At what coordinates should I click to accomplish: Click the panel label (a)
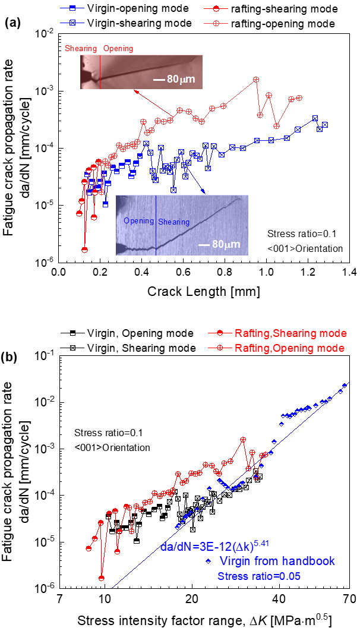pyautogui.click(x=12, y=23)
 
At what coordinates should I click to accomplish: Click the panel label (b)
pyautogui.click(x=12, y=358)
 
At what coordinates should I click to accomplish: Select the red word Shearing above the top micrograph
pyautogui.click(x=81, y=48)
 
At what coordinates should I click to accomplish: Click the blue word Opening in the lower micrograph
pyautogui.click(x=139, y=221)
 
